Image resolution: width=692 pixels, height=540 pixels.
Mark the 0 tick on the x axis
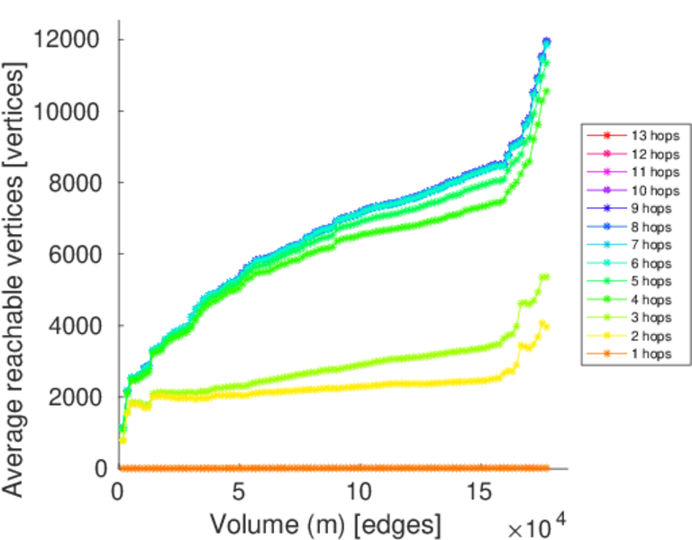click(118, 492)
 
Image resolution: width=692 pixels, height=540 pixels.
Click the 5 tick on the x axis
click(239, 492)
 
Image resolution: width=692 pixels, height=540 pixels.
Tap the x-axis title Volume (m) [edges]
click(325, 523)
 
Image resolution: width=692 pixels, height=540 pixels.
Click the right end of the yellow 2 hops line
click(547, 326)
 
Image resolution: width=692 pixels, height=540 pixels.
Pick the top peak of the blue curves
click(546, 41)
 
